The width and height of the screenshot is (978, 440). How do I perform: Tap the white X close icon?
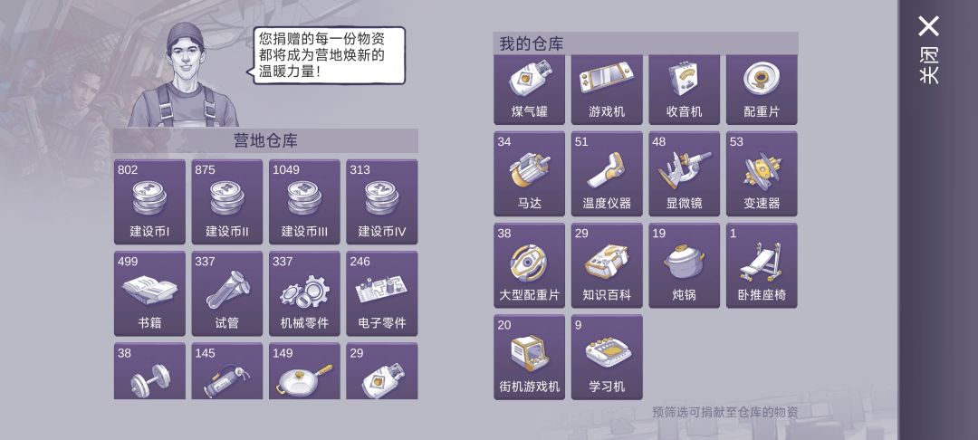(x=929, y=27)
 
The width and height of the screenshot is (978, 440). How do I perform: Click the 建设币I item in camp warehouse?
(x=149, y=202)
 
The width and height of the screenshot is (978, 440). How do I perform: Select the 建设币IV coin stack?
(x=382, y=199)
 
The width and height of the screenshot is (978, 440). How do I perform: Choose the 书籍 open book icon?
(x=149, y=290)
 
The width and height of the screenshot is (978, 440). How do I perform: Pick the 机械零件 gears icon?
(x=304, y=291)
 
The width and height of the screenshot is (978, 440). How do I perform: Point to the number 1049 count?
(x=286, y=169)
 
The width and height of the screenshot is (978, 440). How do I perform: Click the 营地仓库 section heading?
(x=265, y=141)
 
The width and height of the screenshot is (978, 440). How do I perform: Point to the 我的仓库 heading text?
(x=532, y=44)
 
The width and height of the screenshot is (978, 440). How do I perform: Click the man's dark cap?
(x=186, y=35)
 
